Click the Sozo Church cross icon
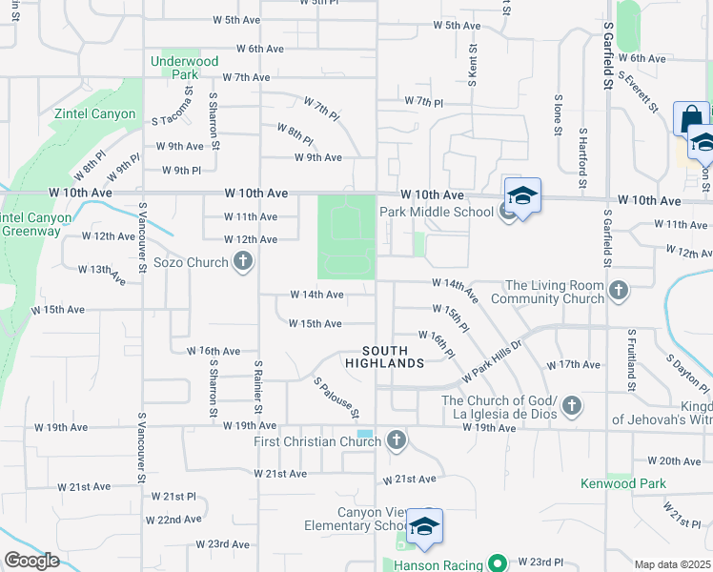click(243, 261)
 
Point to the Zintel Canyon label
click(100, 113)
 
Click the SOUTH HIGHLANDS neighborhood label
click(384, 357)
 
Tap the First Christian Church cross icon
click(397, 440)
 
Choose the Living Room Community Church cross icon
click(619, 291)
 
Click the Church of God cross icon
click(571, 406)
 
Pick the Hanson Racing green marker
click(496, 562)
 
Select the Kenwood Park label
click(623, 483)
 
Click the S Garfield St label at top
click(607, 58)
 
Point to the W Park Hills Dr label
click(493, 361)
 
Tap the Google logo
click(31, 561)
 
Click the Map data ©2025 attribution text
click(672, 564)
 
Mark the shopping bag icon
click(691, 119)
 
